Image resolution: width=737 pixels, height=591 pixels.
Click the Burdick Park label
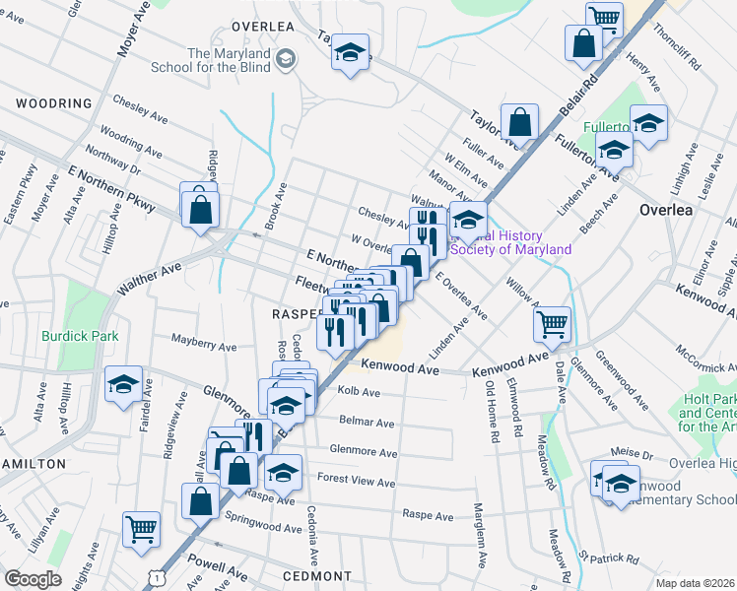(80, 336)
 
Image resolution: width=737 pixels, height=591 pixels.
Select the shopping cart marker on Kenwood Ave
(553, 323)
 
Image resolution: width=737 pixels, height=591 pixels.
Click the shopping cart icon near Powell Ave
(142, 529)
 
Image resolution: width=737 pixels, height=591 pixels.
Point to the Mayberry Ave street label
(204, 347)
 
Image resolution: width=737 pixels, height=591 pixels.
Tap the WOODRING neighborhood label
(54, 103)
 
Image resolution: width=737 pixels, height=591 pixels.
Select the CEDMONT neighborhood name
(316, 575)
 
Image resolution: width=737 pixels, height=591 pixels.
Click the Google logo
(33, 578)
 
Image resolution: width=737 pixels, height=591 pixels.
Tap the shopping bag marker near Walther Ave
(200, 208)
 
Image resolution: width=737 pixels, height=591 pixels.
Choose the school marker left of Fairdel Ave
(123, 384)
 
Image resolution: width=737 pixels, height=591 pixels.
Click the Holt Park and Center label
(709, 414)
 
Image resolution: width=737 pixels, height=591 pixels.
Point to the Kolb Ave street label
(358, 392)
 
